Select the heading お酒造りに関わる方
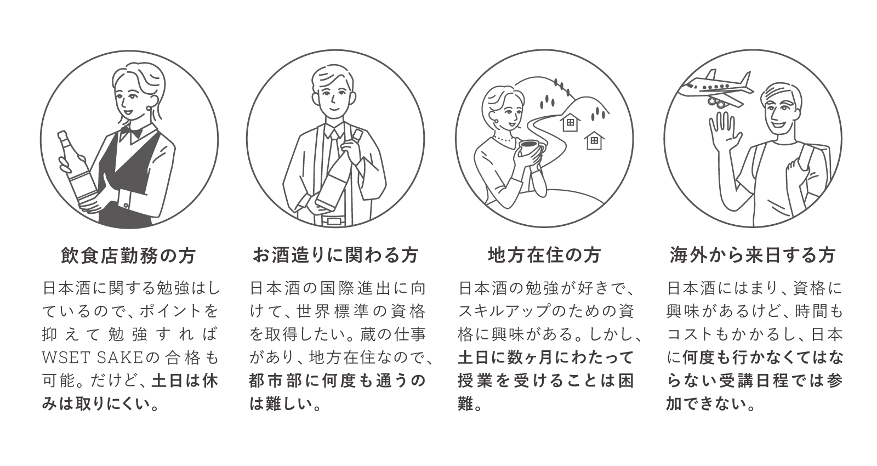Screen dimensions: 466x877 tap(335, 255)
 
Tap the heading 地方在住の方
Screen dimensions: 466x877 tap(544, 255)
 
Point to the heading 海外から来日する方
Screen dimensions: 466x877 tap(753, 255)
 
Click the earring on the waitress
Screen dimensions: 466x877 tap(150, 109)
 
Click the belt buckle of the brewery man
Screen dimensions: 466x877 tap(332, 221)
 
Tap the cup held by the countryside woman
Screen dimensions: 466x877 tap(529, 148)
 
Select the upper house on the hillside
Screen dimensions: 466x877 tap(570, 122)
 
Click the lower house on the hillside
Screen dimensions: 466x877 tap(594, 141)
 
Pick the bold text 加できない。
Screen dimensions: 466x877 tap(711, 405)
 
